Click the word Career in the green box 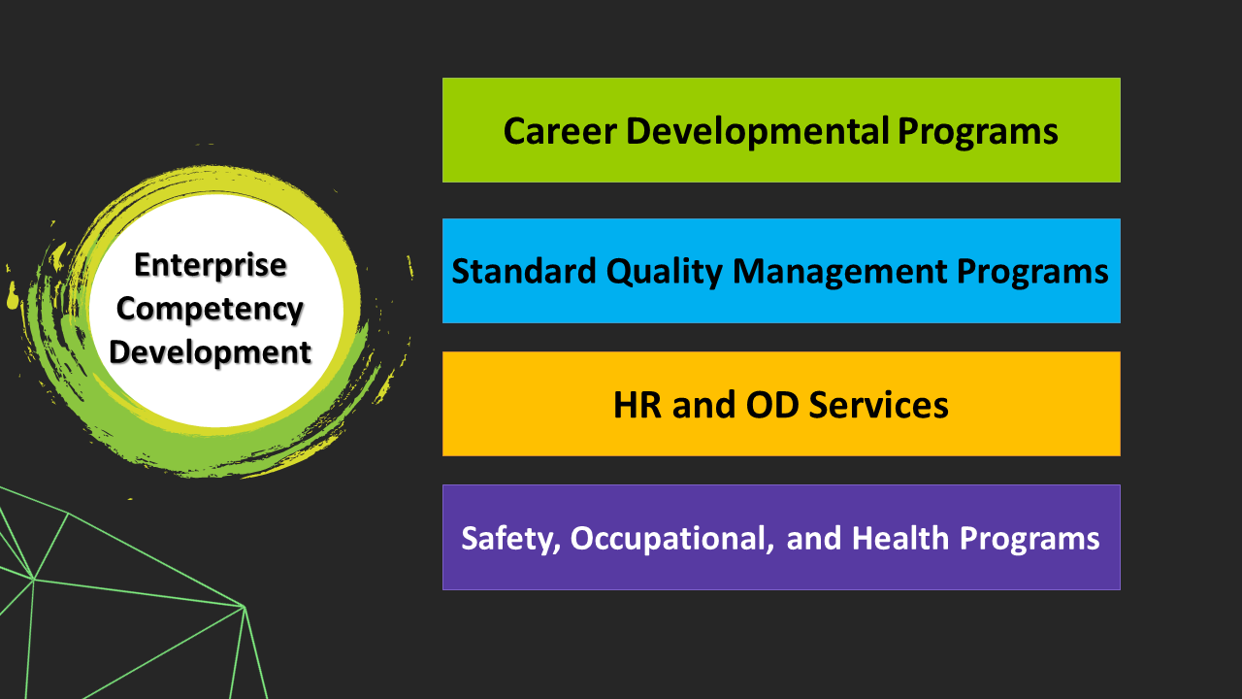(560, 131)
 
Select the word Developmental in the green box (758, 131)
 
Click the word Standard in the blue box (524, 271)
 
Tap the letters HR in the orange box (637, 405)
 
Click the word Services (879, 405)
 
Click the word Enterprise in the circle (211, 265)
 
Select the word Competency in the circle (210, 309)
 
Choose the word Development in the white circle (211, 352)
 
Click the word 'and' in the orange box (703, 405)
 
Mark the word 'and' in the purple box (812, 539)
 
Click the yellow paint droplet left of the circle (13, 297)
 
